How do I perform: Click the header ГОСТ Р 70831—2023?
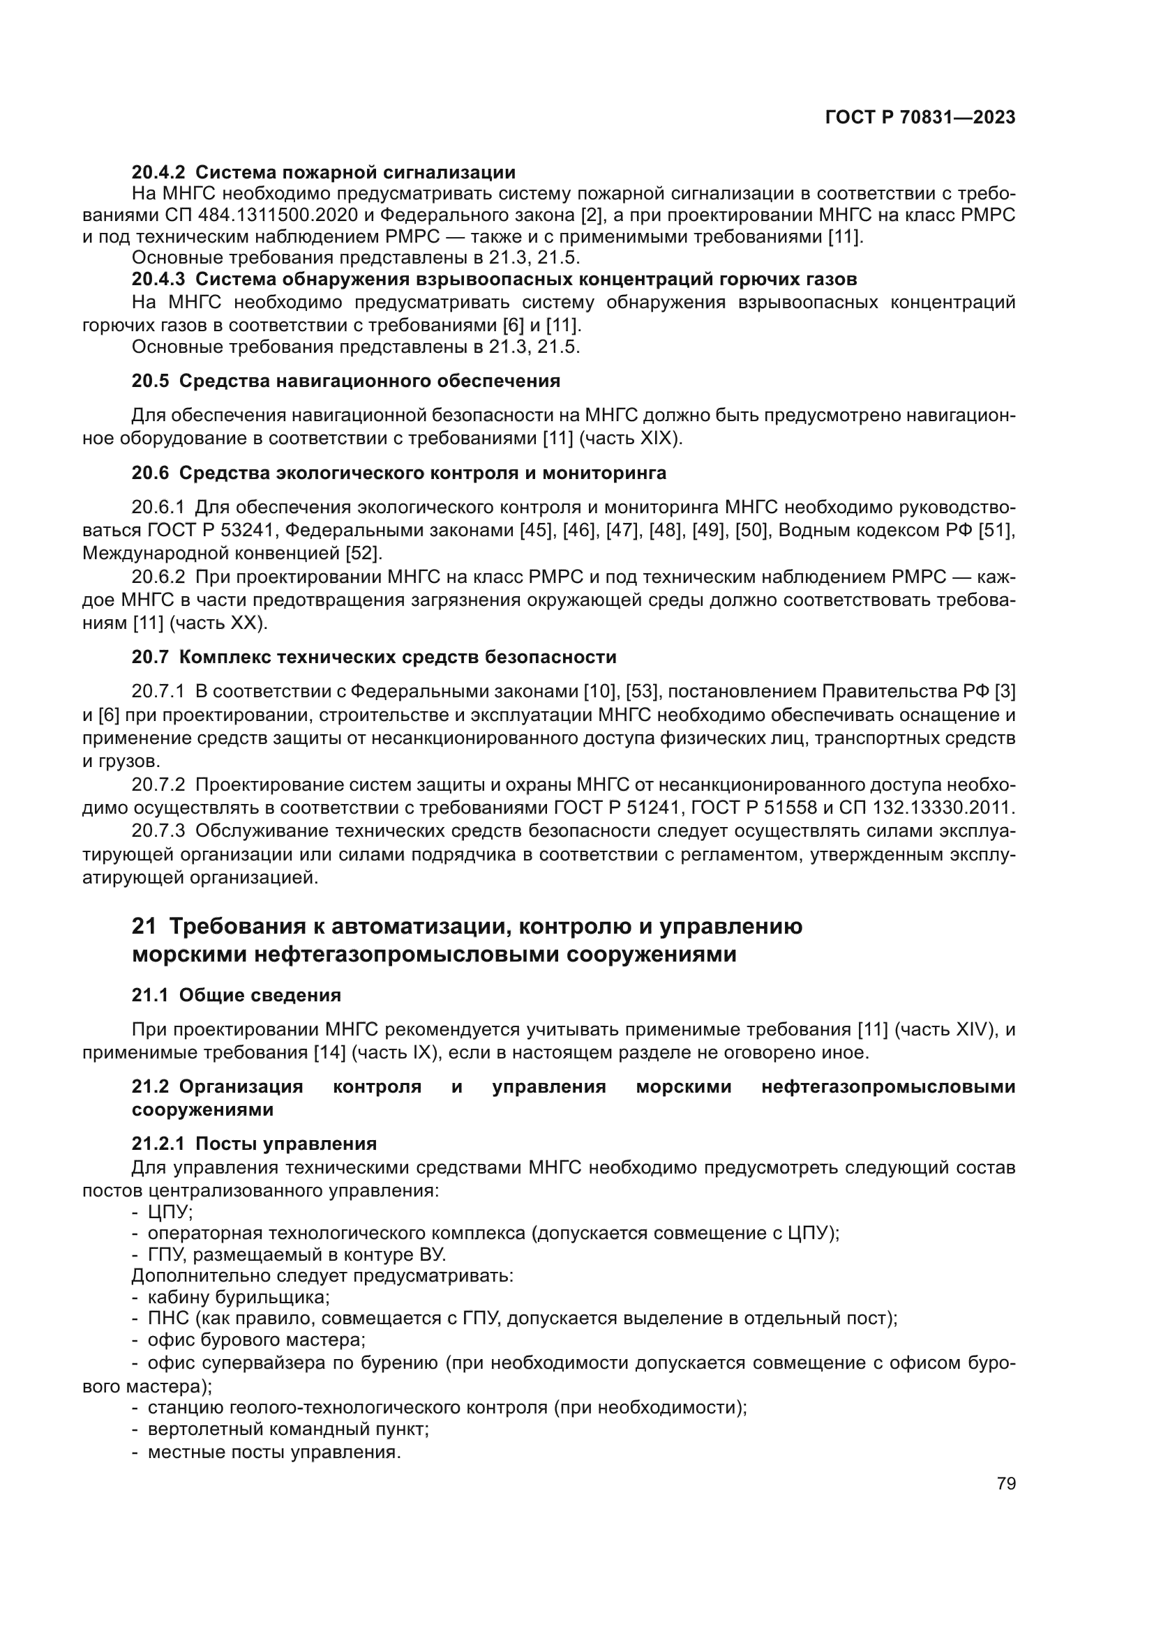point(920,118)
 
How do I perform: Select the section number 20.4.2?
point(158,172)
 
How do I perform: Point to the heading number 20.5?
point(150,381)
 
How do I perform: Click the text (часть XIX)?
point(631,439)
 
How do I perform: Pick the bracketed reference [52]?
point(363,553)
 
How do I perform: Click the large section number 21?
point(144,927)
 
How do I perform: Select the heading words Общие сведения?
point(260,995)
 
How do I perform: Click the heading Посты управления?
point(286,1144)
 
